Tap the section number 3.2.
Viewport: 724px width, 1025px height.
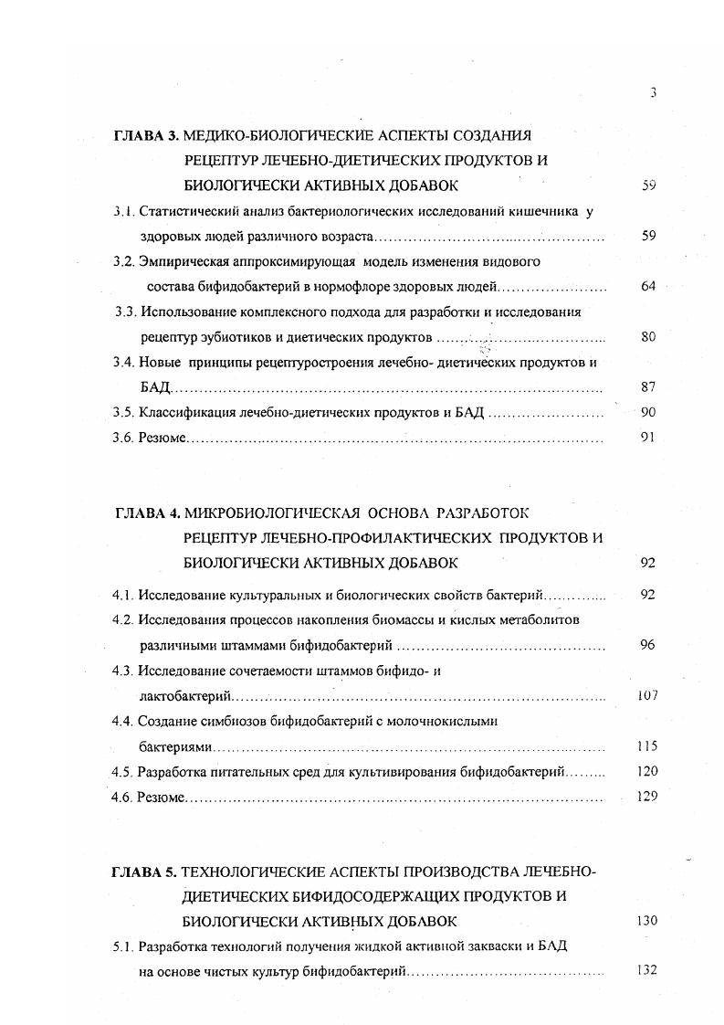[124, 261]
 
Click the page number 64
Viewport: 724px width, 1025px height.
[648, 286]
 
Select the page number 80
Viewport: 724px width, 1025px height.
[648, 337]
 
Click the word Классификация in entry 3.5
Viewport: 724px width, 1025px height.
[187, 412]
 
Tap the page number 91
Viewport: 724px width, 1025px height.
[648, 438]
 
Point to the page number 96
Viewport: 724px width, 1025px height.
[648, 645]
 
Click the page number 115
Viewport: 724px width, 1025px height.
[646, 746]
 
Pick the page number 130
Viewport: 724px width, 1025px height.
[646, 920]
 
